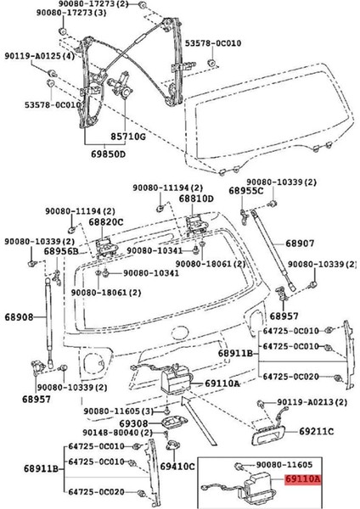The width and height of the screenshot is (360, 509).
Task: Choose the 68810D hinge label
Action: pyautogui.click(x=196, y=198)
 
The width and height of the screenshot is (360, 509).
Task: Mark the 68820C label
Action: pyautogui.click(x=106, y=221)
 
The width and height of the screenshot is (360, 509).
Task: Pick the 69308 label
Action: pyautogui.click(x=133, y=422)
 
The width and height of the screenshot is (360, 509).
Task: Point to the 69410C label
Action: pyautogui.click(x=178, y=466)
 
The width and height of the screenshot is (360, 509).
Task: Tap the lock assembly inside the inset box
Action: pyautogui.click(x=252, y=485)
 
